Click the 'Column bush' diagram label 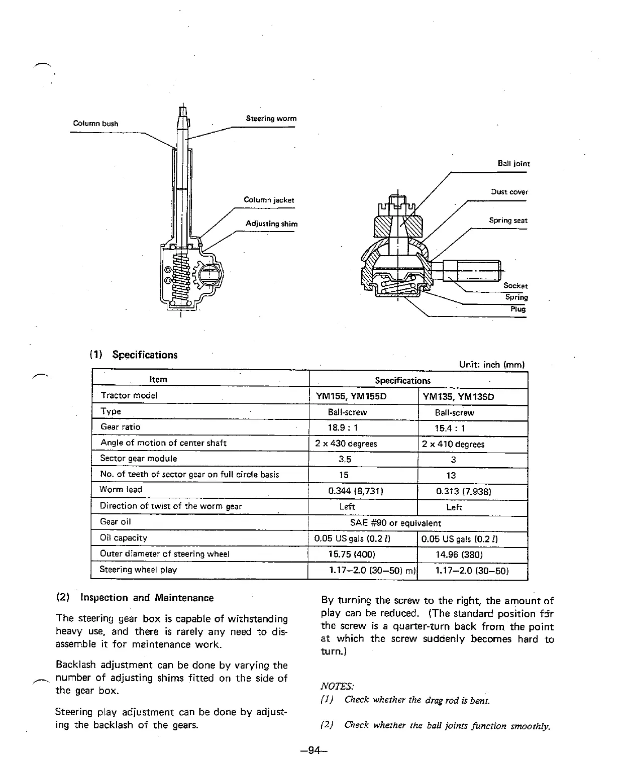pyautogui.click(x=95, y=124)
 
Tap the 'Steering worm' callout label pyautogui.click(x=271, y=119)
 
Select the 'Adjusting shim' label pyautogui.click(x=271, y=224)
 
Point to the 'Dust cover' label pyautogui.click(x=509, y=192)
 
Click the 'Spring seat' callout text pyautogui.click(x=508, y=221)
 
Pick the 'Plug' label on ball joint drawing pyautogui.click(x=517, y=309)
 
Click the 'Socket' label pyautogui.click(x=515, y=286)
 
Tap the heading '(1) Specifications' pyautogui.click(x=134, y=355)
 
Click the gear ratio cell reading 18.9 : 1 pyautogui.click(x=342, y=428)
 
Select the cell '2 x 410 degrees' pyautogui.click(x=453, y=444)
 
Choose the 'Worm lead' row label pyautogui.click(x=121, y=490)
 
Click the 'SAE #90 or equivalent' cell pyautogui.click(x=395, y=523)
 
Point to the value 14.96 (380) pyautogui.click(x=459, y=555)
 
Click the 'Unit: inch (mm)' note pyautogui.click(x=491, y=364)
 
